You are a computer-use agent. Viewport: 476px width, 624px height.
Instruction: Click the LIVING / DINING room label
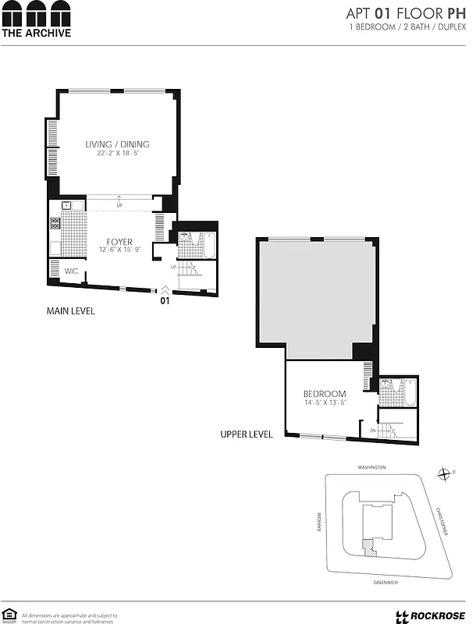pyautogui.click(x=117, y=144)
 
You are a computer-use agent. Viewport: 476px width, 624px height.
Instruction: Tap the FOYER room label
pyautogui.click(x=115, y=242)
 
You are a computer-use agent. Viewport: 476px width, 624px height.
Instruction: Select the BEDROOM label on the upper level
pyautogui.click(x=324, y=394)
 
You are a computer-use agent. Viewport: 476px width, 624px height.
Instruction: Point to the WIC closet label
pyautogui.click(x=71, y=271)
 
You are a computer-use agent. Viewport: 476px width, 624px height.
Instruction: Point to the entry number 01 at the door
pyautogui.click(x=164, y=300)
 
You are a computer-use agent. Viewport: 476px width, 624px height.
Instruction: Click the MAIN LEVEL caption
pyautogui.click(x=71, y=311)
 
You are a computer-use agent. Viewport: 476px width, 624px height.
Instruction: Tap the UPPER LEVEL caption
pyautogui.click(x=247, y=434)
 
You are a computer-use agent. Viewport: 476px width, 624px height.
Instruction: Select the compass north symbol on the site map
pyautogui.click(x=443, y=473)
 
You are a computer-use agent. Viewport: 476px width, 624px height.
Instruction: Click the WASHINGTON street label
pyautogui.click(x=372, y=467)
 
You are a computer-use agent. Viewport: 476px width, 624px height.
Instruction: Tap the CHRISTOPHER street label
pyautogui.click(x=442, y=521)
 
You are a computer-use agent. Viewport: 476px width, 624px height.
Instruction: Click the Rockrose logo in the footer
pyautogui.click(x=429, y=615)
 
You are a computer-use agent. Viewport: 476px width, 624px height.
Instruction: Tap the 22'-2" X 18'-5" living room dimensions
pyautogui.click(x=117, y=154)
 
